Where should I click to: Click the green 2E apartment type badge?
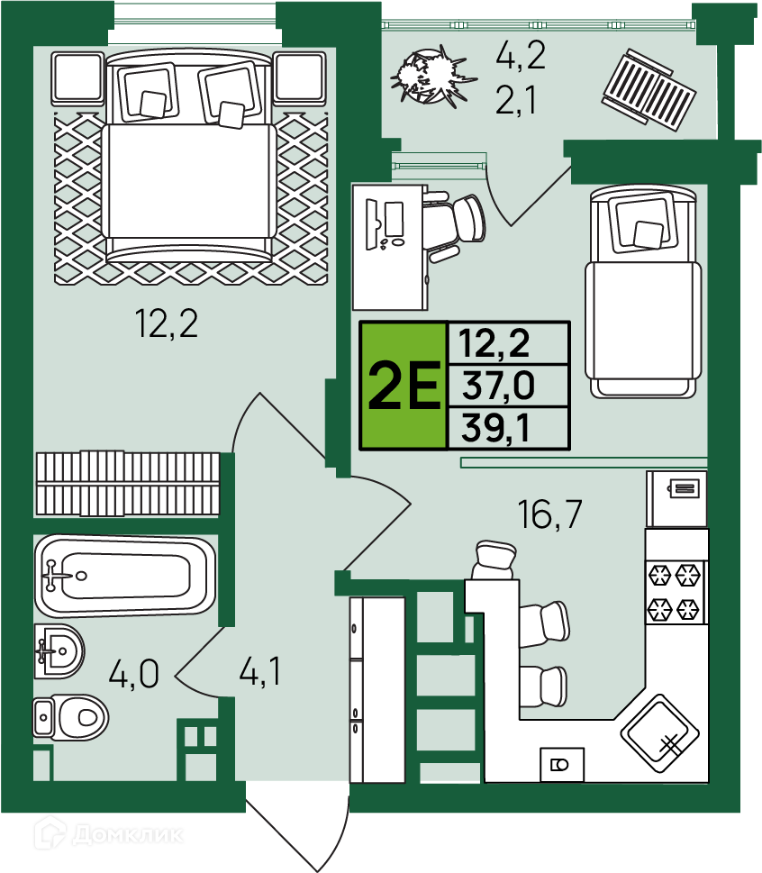point(404,385)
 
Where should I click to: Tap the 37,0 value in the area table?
point(498,386)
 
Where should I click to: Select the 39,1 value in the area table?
point(495,428)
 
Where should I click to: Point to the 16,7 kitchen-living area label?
point(549,514)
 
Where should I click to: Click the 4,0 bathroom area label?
point(134,673)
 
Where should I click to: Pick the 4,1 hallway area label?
point(260,670)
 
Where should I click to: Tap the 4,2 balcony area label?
point(521,55)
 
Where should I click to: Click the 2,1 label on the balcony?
point(516,100)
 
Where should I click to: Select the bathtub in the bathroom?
point(124,575)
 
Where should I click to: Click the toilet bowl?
point(70,717)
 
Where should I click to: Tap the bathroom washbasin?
point(59,650)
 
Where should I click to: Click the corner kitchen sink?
point(659,733)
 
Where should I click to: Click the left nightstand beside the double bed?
point(78,78)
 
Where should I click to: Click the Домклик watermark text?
point(128,834)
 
